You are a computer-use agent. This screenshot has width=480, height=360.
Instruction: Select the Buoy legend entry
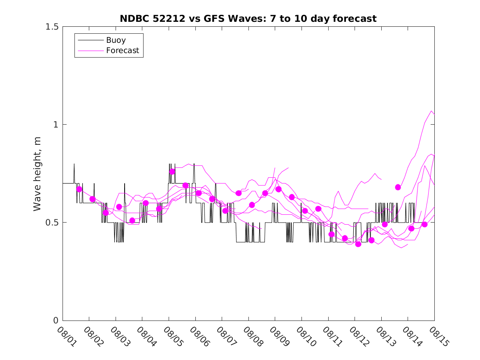116,40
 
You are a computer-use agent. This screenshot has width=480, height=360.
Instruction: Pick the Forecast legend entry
122,51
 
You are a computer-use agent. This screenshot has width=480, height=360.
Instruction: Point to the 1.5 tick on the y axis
52,27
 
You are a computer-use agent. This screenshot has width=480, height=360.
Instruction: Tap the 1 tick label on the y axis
56,125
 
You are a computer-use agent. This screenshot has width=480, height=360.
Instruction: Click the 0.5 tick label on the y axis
52,223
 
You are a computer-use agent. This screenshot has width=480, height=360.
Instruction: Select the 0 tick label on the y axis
56,321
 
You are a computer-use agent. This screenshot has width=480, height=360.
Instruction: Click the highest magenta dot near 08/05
172,172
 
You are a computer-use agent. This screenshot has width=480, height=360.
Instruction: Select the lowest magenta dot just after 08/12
358,244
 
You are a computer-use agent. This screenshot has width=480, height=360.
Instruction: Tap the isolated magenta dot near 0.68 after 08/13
398,187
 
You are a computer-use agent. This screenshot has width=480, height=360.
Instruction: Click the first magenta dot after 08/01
79,189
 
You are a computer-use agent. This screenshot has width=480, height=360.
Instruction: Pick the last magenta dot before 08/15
424,224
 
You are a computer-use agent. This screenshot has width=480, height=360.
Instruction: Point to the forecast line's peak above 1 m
431,111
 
